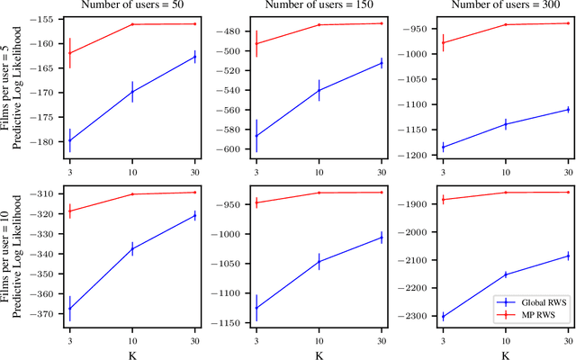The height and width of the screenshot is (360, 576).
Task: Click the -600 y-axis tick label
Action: [x=229, y=149]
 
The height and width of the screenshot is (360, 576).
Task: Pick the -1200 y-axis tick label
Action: [x=413, y=156]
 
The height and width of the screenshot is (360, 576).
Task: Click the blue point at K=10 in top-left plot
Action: [x=132, y=91]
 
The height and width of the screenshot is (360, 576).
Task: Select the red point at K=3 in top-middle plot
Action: [x=256, y=43]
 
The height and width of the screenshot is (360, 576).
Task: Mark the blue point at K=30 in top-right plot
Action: [x=568, y=110]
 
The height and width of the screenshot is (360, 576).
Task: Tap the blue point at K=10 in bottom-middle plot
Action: [x=319, y=262]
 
